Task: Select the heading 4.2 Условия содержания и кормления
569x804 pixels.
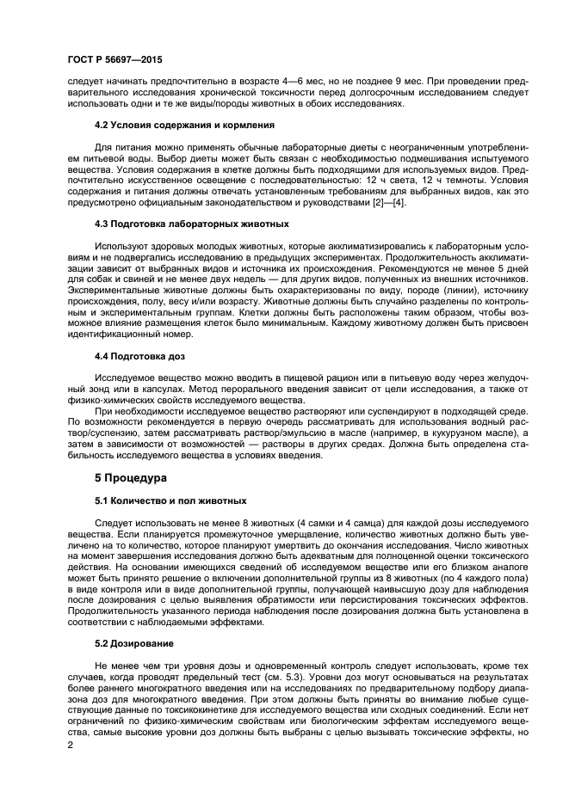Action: click(x=184, y=125)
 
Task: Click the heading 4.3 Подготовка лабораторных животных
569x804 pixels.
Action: click(x=191, y=223)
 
